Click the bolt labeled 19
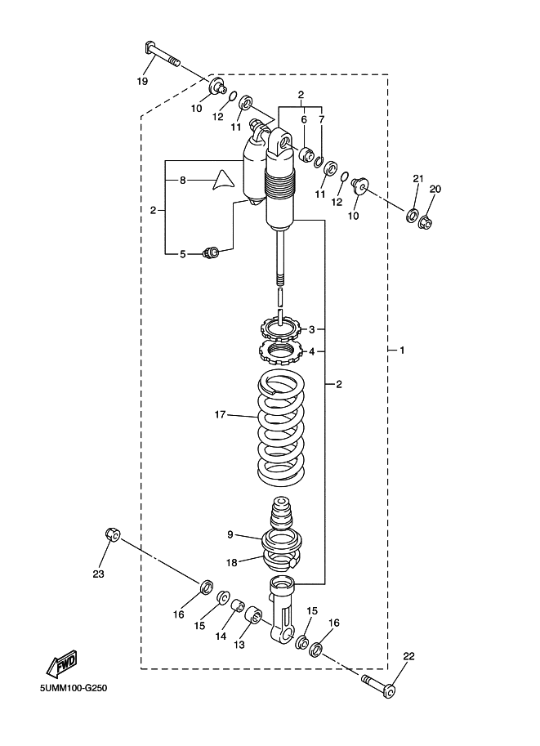pos(162,56)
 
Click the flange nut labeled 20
pos(426,221)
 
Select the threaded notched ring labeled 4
pos(279,352)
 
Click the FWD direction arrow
pos(62,663)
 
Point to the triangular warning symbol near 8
pos(223,181)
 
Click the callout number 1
pos(402,351)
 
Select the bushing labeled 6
pos(305,154)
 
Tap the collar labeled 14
pos(238,607)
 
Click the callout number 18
pos(231,563)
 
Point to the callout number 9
pos(230,534)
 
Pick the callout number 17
pos(220,415)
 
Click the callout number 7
pos(322,119)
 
